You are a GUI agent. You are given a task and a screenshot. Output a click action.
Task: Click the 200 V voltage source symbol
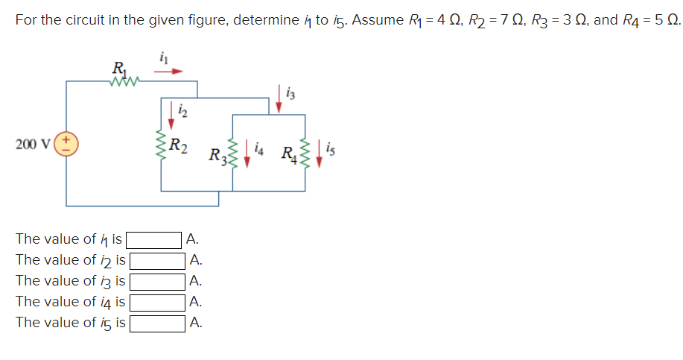pyautogui.click(x=66, y=144)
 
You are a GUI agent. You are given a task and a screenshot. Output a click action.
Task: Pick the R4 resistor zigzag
pyautogui.click(x=305, y=153)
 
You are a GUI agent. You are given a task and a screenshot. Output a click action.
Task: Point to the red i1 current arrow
pyautogui.click(x=168, y=72)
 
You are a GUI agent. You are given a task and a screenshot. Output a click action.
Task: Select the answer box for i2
pyautogui.click(x=157, y=261)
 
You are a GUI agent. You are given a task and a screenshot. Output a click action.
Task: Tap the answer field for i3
pyautogui.click(x=157, y=282)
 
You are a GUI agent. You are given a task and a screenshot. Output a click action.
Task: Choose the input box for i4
pyautogui.click(x=157, y=303)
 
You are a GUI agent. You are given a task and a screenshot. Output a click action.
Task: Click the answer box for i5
pyautogui.click(x=157, y=323)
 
